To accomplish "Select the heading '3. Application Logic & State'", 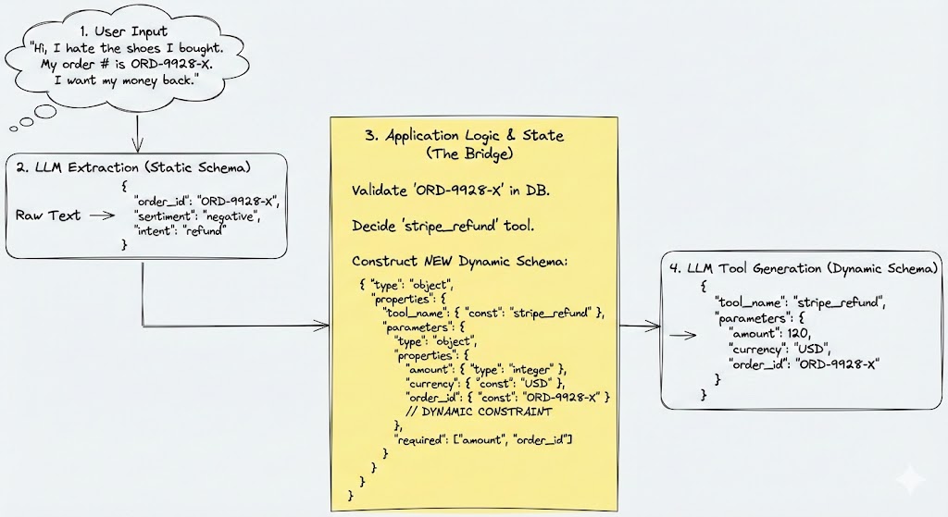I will pos(464,135).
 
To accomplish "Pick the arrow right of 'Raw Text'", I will pos(95,215).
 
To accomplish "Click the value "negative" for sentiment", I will pos(234,215).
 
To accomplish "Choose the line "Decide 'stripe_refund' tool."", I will pos(442,226).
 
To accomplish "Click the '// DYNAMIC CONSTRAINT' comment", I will pos(480,411).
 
